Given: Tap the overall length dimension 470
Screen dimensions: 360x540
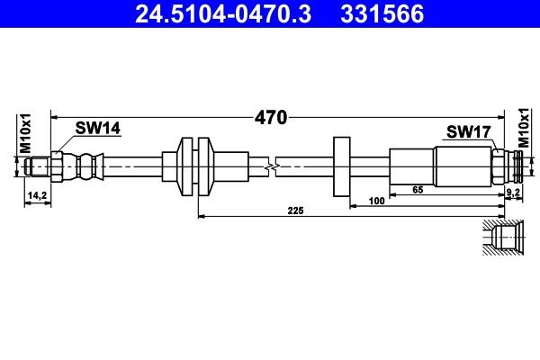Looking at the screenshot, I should (270, 117).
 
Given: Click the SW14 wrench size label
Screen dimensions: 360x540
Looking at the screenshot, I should (97, 129).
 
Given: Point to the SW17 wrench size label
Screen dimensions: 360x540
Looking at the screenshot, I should (468, 132).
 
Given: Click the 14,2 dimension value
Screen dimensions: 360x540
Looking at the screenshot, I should (37, 194).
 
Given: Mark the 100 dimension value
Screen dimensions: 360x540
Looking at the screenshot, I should (379, 202).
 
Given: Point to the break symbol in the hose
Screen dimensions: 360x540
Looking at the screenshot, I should (272, 166).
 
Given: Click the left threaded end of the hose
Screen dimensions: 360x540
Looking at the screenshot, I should (38, 166).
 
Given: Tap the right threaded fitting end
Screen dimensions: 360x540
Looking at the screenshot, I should (513, 166).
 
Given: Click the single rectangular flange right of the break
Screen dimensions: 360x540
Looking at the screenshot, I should (341, 166).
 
